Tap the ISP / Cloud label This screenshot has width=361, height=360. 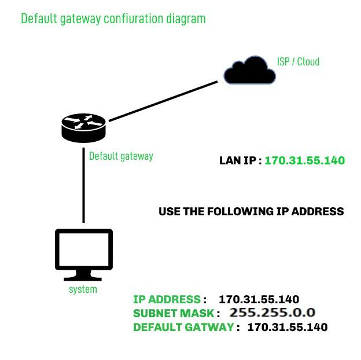click(298, 61)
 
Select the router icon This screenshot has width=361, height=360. click(84, 127)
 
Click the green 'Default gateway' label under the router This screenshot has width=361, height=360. click(121, 156)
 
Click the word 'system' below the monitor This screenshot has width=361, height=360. click(83, 289)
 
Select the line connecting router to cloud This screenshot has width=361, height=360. click(163, 102)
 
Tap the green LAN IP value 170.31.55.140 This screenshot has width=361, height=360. click(304, 160)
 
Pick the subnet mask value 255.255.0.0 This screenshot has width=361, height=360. click(272, 313)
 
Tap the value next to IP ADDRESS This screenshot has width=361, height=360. click(259, 299)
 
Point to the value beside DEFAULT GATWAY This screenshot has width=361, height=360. click(287, 327)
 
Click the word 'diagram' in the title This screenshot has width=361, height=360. click(185, 19)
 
